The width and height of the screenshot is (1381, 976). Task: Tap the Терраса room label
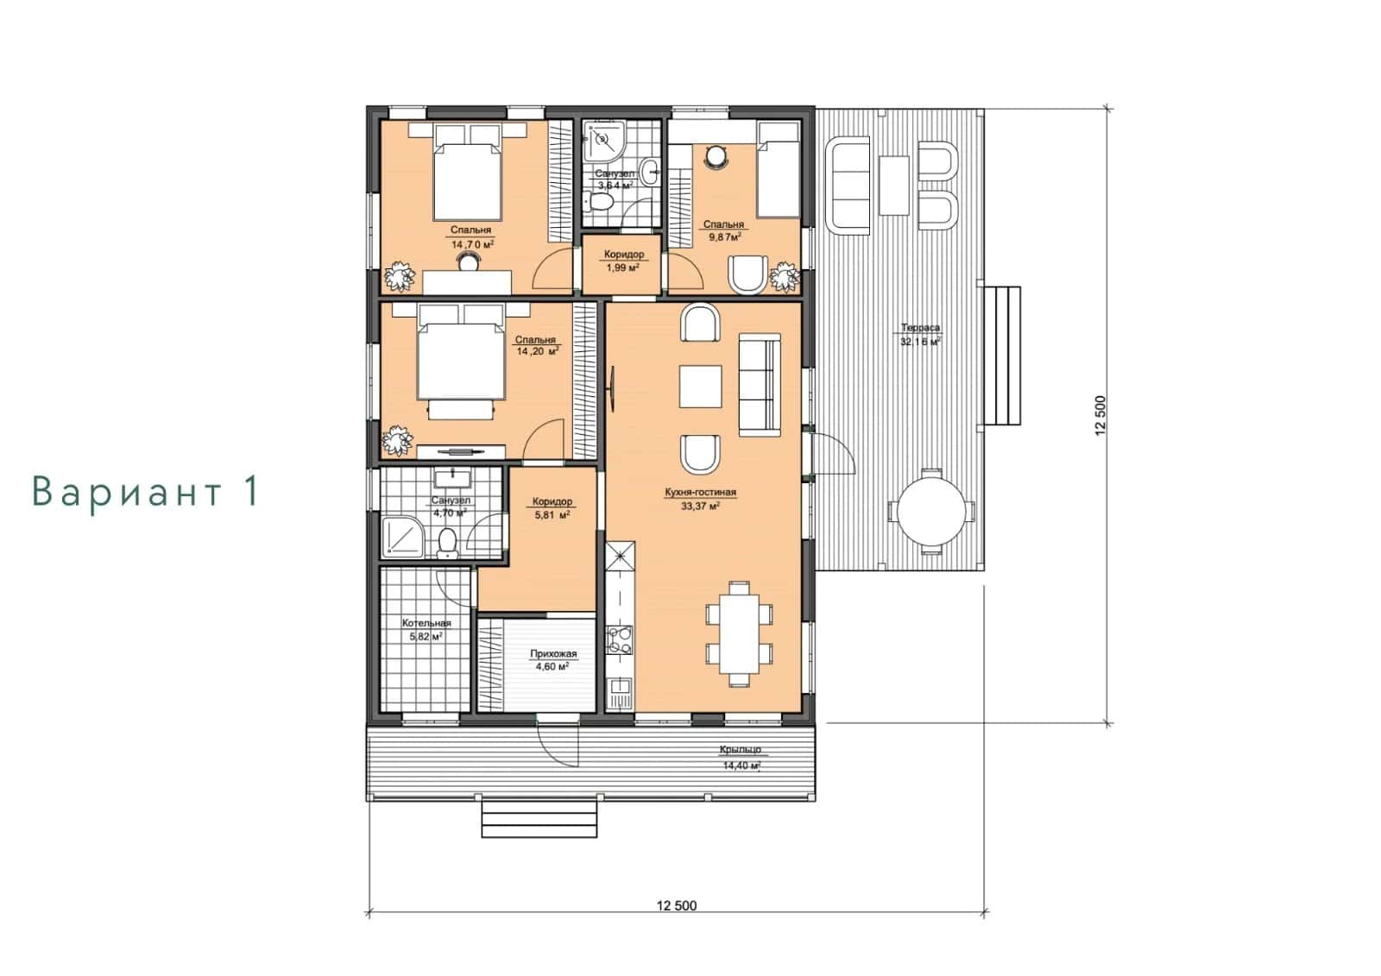[920, 328]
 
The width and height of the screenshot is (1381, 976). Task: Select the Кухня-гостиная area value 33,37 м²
[700, 507]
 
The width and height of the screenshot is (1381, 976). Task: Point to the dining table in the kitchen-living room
[739, 634]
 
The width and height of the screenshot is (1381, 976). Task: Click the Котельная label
[426, 623]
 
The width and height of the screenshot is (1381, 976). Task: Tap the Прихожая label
[553, 653]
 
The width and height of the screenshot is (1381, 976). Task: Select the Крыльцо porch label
[741, 750]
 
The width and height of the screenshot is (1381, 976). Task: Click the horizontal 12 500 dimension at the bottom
[677, 906]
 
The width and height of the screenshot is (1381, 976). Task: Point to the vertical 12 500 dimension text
[1101, 416]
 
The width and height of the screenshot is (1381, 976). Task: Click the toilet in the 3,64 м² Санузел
[597, 201]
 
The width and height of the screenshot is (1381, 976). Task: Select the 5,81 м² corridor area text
[552, 514]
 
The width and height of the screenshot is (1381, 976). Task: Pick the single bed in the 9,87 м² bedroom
[778, 170]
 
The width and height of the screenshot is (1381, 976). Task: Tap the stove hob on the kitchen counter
[620, 640]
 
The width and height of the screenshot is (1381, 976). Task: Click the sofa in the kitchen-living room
[760, 385]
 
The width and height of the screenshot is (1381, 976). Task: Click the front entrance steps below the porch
[539, 818]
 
